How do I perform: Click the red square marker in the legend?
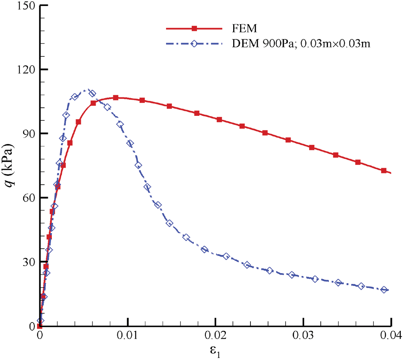[194, 29]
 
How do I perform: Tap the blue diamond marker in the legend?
[194, 44]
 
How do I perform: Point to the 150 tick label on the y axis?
[25, 6]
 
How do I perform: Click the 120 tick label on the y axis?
[25, 70]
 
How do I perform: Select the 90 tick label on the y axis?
[27, 134]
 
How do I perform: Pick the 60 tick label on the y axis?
[27, 198]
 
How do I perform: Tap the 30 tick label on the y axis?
[27, 262]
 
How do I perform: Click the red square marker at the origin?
[39, 326]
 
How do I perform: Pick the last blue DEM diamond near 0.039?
[384, 290]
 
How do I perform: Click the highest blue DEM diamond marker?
[92, 93]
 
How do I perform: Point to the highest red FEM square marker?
[116, 98]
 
